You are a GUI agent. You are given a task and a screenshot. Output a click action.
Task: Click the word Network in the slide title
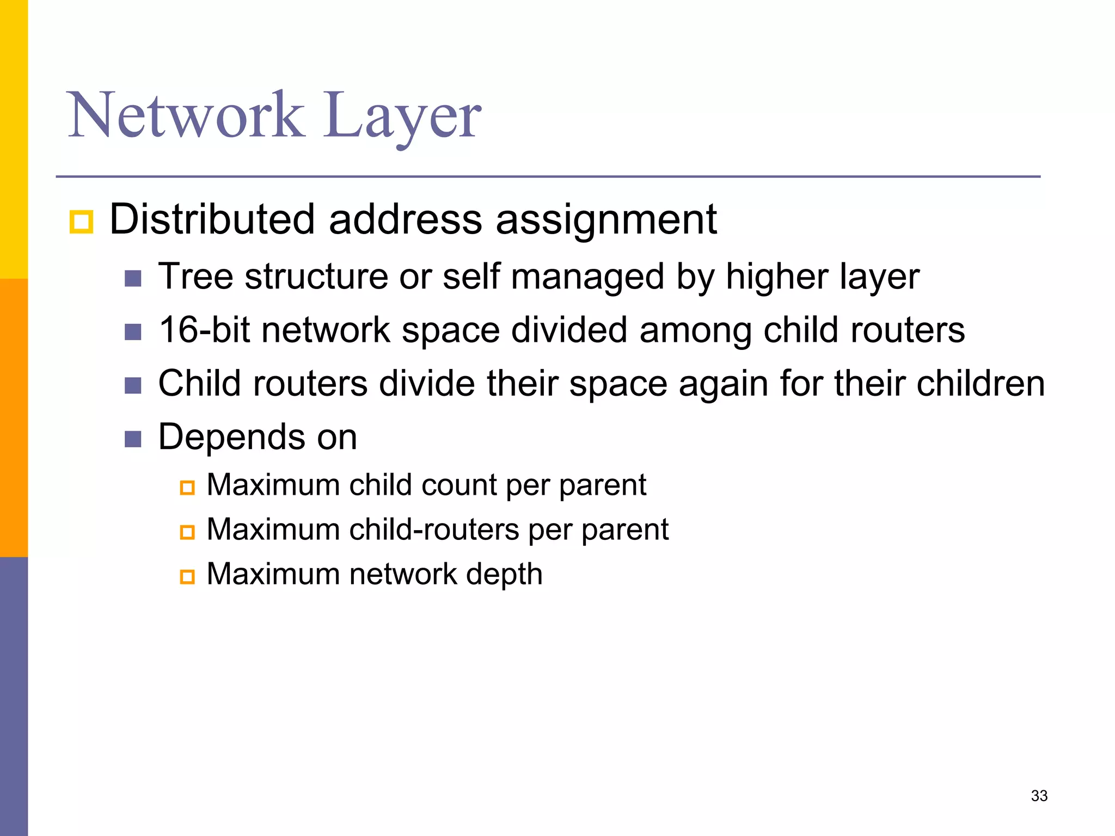[185, 115]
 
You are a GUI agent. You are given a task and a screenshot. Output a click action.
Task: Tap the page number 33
[1039, 796]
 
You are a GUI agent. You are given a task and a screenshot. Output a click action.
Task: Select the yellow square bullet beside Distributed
[82, 222]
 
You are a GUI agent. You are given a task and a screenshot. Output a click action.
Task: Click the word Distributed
[212, 219]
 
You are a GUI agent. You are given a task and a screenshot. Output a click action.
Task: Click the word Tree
[195, 276]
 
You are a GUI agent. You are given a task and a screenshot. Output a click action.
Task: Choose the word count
[458, 485]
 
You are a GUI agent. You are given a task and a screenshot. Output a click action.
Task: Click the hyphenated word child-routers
[434, 530]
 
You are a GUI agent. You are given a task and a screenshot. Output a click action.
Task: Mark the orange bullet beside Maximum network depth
[187, 576]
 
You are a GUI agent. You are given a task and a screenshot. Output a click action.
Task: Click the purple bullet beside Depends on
[133, 439]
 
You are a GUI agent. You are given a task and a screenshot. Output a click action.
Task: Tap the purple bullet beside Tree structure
[133, 278]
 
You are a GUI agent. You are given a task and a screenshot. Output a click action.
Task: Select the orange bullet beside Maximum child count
[187, 487]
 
